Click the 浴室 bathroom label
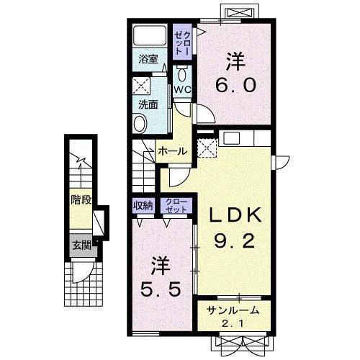[148, 59]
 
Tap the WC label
[182, 90]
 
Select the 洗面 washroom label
[148, 104]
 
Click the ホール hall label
[173, 151]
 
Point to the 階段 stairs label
[81, 200]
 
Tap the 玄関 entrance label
[82, 246]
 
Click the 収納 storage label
[143, 206]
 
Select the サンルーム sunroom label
[233, 310]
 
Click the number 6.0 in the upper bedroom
[235, 86]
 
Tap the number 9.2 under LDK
[234, 241]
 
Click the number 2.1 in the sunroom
[233, 325]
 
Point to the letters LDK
[235, 215]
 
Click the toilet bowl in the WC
[181, 75]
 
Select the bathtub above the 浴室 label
[150, 35]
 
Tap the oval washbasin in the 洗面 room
[140, 124]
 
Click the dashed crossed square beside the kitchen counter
[207, 148]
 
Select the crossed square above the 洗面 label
[141, 86]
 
